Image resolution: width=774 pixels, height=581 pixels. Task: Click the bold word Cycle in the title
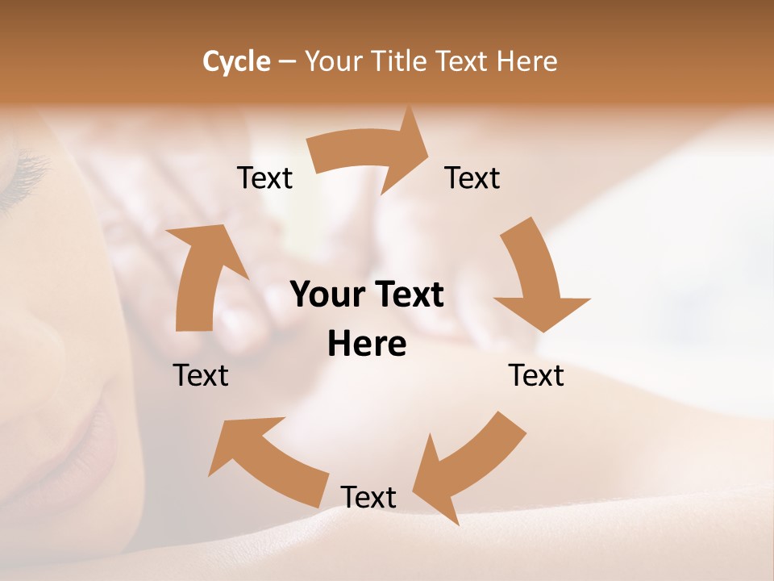click(235, 61)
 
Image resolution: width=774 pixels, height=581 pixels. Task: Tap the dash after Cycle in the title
click(287, 61)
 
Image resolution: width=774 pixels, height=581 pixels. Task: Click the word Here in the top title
click(528, 61)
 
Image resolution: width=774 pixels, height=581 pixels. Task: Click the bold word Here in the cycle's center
click(367, 345)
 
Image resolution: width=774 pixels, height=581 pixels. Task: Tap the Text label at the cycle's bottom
click(368, 497)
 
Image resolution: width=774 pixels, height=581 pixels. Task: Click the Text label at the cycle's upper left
click(264, 178)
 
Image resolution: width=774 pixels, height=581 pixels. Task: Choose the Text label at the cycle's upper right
click(472, 178)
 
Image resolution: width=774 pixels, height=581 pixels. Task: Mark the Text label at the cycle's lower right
click(536, 375)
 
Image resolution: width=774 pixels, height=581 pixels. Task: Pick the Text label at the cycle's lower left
click(201, 375)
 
